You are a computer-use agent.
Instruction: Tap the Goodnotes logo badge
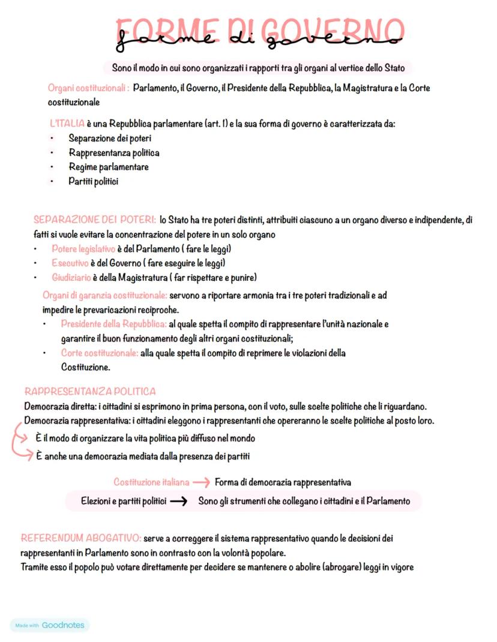click(50, 625)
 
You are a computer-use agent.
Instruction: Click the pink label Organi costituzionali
click(88, 88)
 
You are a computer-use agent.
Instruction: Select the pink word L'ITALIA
click(67, 124)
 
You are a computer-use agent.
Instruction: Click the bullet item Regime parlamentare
click(108, 167)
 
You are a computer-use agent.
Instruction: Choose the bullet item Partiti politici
click(93, 181)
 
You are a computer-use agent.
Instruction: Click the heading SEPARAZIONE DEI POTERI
click(95, 220)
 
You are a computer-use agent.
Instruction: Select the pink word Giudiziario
click(71, 277)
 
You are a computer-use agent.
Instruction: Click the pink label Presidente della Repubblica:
click(113, 324)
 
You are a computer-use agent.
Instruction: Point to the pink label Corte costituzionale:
click(100, 353)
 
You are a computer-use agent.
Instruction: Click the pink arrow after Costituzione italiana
click(202, 482)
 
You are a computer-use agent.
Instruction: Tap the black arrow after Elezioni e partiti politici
click(179, 501)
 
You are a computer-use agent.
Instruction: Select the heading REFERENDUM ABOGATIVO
click(81, 538)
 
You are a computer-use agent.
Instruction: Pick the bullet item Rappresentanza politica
click(113, 153)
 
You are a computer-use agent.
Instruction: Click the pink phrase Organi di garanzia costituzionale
click(104, 295)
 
